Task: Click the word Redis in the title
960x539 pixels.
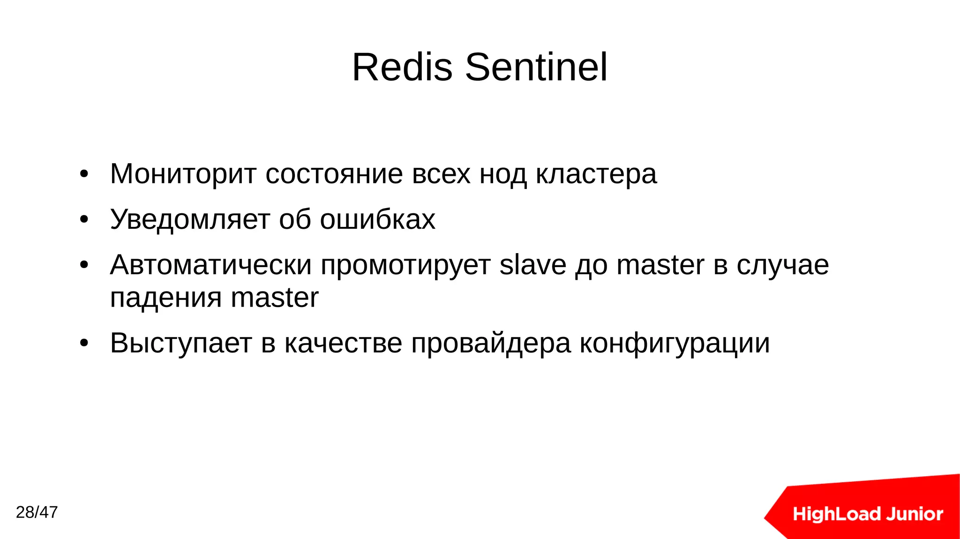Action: (x=402, y=67)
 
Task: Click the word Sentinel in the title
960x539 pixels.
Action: (x=536, y=67)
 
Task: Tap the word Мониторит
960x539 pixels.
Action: (x=183, y=174)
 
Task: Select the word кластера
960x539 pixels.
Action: (x=596, y=174)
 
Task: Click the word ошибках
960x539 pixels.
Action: (x=377, y=219)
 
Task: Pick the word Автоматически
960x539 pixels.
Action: (x=210, y=265)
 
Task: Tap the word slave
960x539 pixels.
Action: (x=532, y=265)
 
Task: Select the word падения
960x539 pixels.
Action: (x=165, y=298)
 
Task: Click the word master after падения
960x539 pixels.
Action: (x=275, y=298)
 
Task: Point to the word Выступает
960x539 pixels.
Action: (x=181, y=343)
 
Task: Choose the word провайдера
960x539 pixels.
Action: (x=491, y=344)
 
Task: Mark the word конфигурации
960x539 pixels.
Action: (x=675, y=344)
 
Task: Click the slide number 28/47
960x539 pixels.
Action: (x=37, y=512)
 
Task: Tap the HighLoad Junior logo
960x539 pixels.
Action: (x=867, y=514)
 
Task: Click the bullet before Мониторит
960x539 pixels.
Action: (x=84, y=174)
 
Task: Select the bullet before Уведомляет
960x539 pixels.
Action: (x=84, y=219)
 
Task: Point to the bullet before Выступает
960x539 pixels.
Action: (x=84, y=343)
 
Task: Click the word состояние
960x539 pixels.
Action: (x=334, y=174)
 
